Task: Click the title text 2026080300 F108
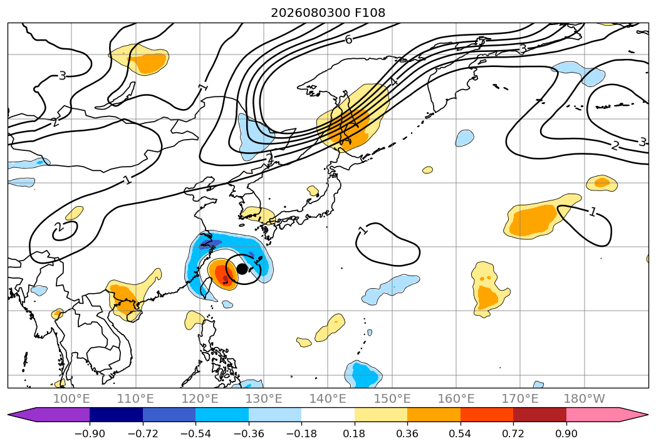point(328,13)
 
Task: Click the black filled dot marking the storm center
point(242,269)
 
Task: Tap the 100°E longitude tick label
point(71,398)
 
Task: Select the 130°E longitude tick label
point(264,398)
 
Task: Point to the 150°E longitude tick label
point(392,398)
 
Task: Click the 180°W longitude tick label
point(584,398)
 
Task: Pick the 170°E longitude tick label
point(520,398)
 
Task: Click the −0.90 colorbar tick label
point(90,433)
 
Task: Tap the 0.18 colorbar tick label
point(355,433)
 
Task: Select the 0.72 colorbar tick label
point(513,433)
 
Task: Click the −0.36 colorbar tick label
point(249,433)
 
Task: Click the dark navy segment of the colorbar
point(117,415)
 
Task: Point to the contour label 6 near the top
point(348,39)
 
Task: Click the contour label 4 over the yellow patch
point(393,82)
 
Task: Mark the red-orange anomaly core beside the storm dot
point(222,274)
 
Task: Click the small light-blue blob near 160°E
point(464,138)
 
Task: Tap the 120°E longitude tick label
point(200,398)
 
